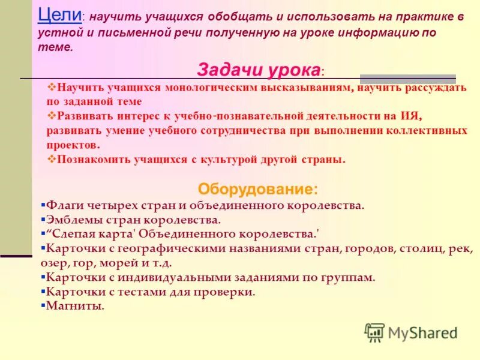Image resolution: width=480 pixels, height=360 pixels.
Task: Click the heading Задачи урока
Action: [x=258, y=70]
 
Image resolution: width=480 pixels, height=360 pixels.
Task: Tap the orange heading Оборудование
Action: [x=258, y=189]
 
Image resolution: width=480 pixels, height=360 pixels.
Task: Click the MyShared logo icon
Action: [x=374, y=332]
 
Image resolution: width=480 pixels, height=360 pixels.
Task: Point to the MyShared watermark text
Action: [x=422, y=333]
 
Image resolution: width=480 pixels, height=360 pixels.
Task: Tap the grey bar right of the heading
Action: [x=408, y=79]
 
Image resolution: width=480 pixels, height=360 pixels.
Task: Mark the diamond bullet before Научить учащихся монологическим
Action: [x=51, y=87]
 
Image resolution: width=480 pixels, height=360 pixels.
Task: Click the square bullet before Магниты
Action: [x=43, y=305]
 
